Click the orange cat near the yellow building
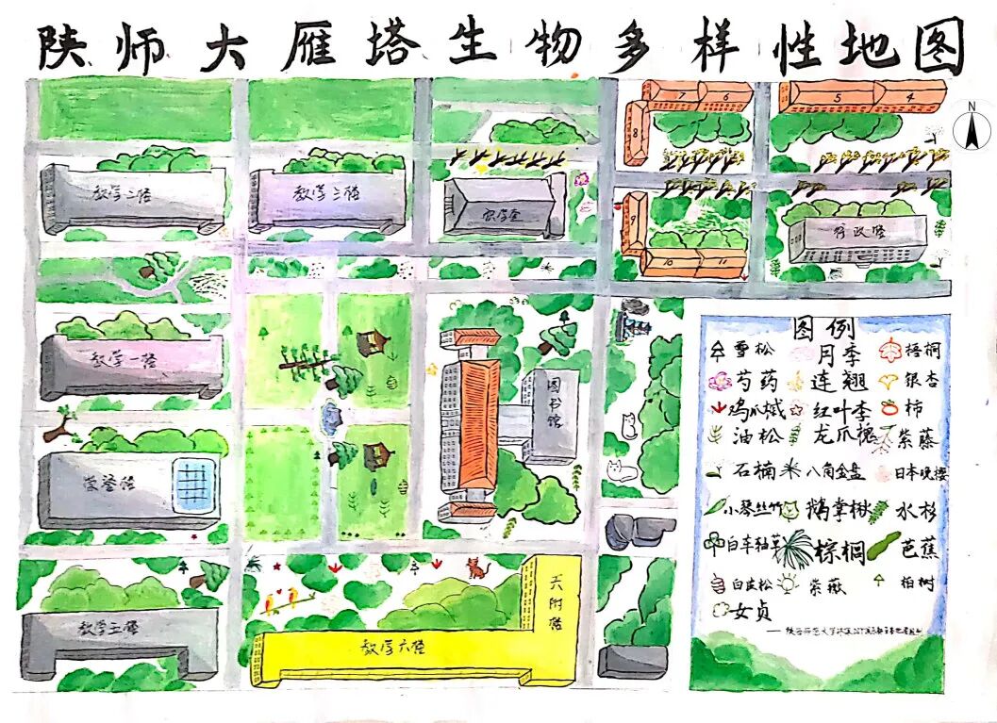pyautogui.click(x=474, y=568)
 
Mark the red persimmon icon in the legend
pyautogui.click(x=889, y=408)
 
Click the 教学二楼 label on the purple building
pyautogui.click(x=329, y=192)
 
